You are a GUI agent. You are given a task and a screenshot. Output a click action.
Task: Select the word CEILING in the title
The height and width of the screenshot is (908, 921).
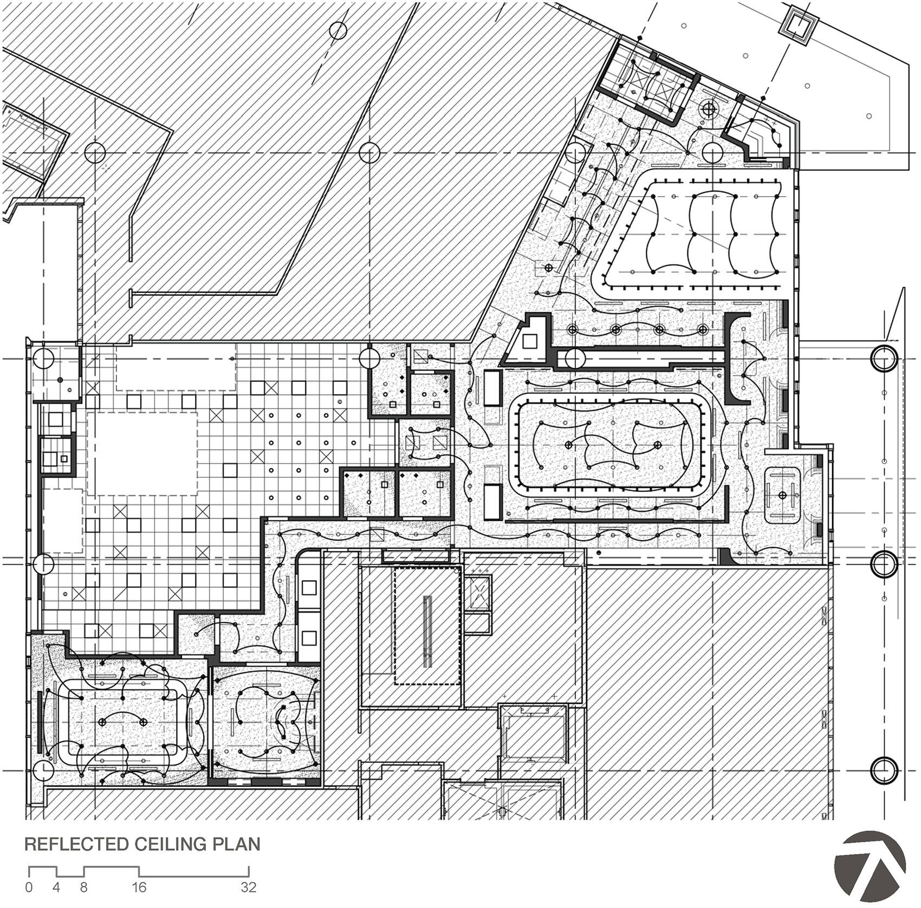tap(171, 844)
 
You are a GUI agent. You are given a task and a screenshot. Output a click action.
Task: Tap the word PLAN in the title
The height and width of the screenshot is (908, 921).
tap(236, 844)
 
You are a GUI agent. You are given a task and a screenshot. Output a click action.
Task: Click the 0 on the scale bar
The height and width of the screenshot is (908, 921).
tap(29, 887)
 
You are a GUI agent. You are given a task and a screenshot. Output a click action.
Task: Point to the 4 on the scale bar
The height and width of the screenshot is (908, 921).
tap(56, 887)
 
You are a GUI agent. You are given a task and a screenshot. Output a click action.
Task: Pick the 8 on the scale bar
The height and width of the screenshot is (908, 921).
tap(84, 887)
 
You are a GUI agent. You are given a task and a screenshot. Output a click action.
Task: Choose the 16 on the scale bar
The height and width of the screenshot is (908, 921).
tap(140, 887)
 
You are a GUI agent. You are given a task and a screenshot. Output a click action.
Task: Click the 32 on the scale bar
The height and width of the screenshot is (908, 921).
tap(249, 887)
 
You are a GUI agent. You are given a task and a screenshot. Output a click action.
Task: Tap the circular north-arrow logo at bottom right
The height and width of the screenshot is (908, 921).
tap(870, 865)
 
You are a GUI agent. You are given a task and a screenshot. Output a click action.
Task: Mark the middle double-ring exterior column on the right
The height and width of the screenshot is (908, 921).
tap(884, 564)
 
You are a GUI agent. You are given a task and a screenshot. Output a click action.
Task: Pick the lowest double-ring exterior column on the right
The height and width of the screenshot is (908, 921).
tap(884, 770)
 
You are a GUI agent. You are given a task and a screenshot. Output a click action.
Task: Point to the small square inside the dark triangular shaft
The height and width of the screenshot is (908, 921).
tap(530, 341)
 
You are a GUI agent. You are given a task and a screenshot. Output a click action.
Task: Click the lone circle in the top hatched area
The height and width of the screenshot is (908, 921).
tap(338, 30)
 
